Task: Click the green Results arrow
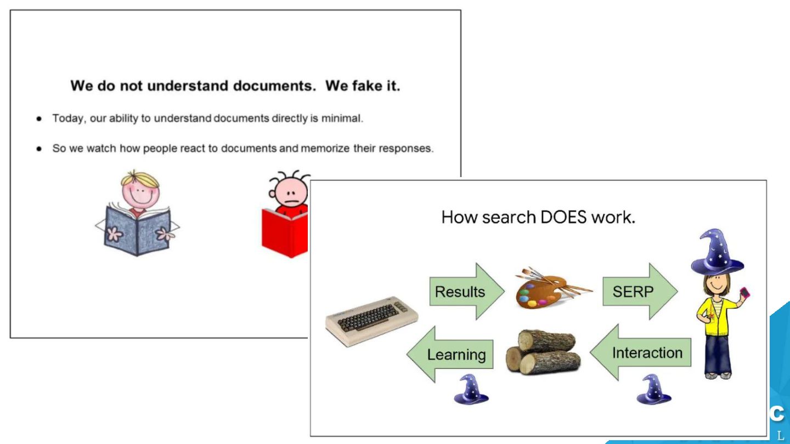465,292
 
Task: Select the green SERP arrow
638,292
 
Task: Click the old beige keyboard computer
372,323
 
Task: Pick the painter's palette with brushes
549,288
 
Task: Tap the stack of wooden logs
543,352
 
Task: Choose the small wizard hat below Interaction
654,390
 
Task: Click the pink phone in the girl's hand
744,293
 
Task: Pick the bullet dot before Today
39,119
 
